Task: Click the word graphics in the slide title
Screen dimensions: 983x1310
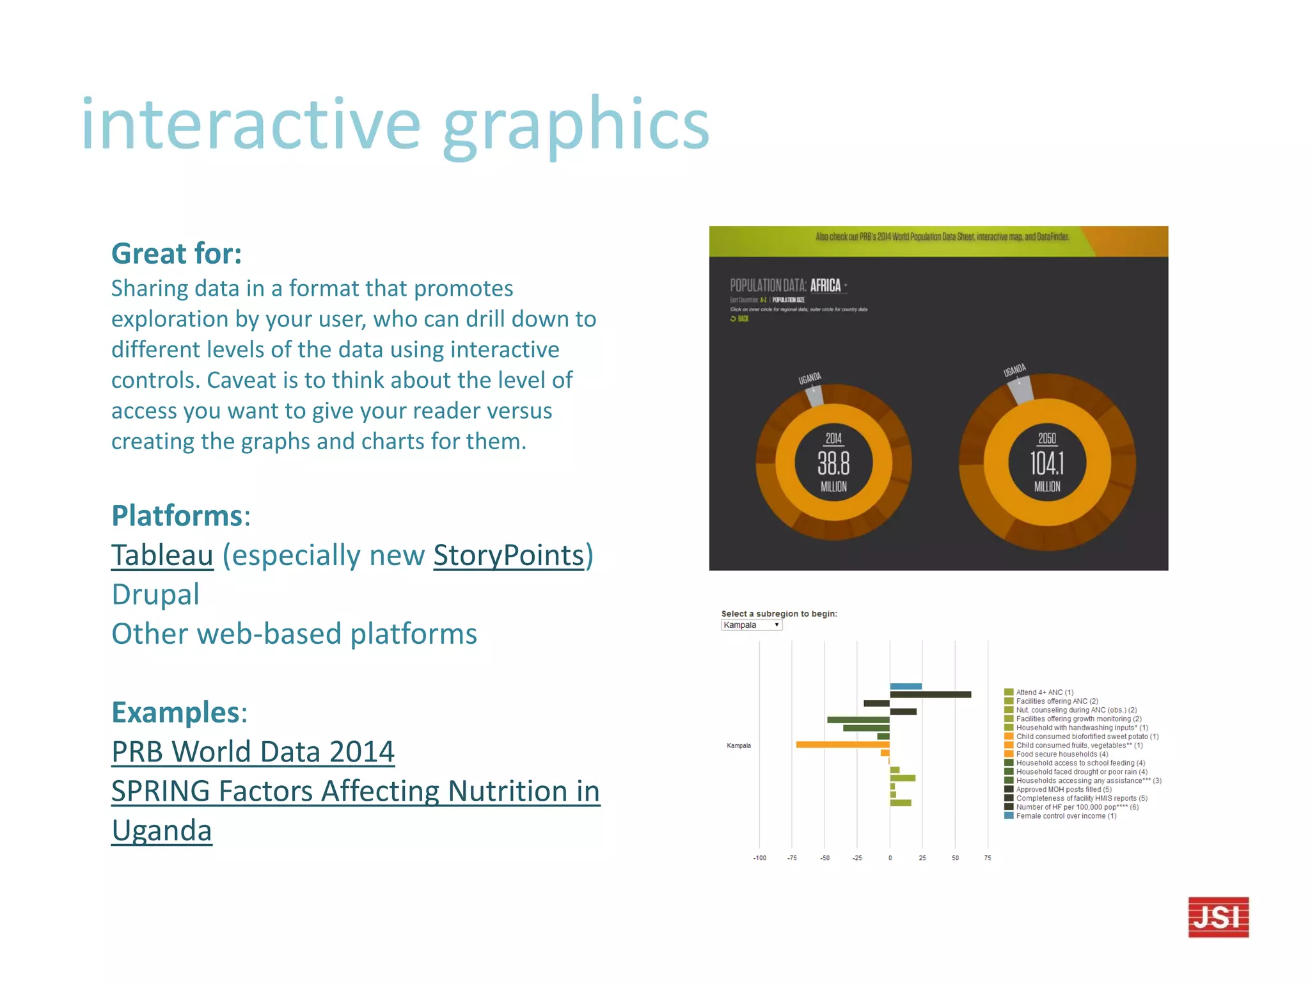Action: pos(576,125)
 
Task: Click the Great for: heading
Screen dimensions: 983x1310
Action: pos(177,253)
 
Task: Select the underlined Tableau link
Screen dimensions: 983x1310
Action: pos(162,555)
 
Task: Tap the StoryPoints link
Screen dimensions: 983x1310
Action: pos(509,555)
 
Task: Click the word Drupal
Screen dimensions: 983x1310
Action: pos(155,595)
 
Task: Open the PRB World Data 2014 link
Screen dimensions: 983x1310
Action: pos(253,752)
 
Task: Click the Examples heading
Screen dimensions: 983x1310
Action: pos(175,712)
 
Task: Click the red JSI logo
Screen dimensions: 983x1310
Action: pos(1218,917)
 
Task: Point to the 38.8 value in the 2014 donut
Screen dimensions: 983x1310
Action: pos(833,463)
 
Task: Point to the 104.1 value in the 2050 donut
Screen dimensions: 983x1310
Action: pos(1047,463)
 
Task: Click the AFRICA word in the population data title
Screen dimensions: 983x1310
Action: pos(825,285)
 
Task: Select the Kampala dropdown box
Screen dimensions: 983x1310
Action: pos(752,625)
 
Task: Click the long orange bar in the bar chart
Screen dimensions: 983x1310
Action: pos(842,744)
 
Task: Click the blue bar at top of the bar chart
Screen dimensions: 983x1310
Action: pos(906,686)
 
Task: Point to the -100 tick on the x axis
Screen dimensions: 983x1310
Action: pos(759,858)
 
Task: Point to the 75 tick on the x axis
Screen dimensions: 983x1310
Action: pos(988,858)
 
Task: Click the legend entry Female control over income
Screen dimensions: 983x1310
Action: pos(1066,816)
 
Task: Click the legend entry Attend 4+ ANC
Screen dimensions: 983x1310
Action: pos(1045,692)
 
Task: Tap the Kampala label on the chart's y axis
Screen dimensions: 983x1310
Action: pos(739,746)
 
